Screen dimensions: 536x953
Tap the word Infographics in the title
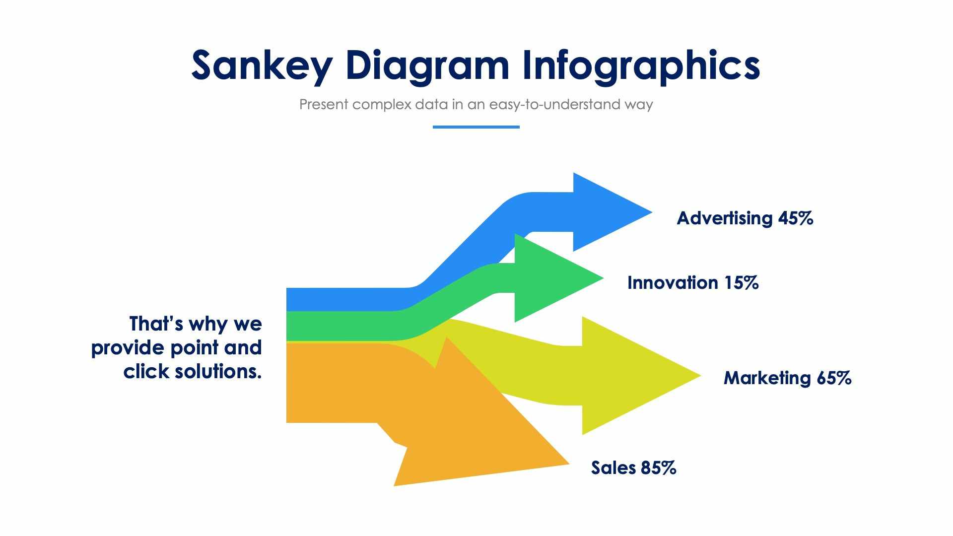[641, 66]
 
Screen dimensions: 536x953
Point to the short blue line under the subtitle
[476, 127]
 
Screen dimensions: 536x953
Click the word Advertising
[724, 218]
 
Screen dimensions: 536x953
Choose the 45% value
[795, 218]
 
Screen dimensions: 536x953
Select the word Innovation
[672, 283]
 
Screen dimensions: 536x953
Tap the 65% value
[834, 378]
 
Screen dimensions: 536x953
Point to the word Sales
[613, 468]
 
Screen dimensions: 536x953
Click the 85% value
[658, 468]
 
